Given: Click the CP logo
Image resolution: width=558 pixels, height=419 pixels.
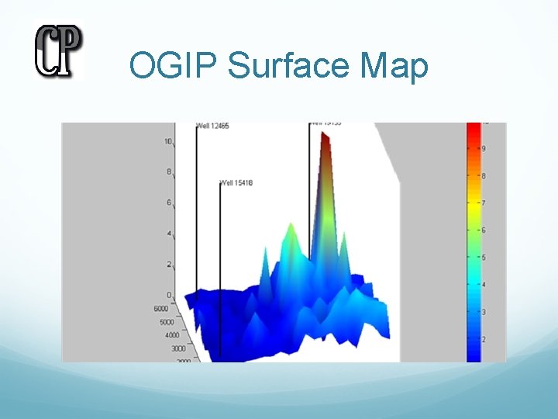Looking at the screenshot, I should click(58, 51).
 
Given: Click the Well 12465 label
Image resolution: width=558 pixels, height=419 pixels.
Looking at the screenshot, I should click(212, 126).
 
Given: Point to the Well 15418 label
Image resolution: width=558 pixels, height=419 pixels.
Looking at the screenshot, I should click(237, 183).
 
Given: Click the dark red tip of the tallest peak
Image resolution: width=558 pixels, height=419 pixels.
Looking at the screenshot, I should click(325, 139).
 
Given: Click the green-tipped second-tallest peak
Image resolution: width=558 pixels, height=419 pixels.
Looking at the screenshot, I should click(291, 228).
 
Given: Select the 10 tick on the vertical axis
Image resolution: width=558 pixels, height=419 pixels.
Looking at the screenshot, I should click(168, 141).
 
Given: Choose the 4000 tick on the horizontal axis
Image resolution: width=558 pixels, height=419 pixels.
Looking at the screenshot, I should click(166, 335).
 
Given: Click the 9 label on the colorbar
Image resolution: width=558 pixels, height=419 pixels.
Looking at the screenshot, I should click(484, 148).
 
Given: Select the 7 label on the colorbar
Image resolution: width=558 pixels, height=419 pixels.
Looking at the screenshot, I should click(484, 203).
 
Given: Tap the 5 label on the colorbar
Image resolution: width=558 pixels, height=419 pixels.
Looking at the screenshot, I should click(484, 258).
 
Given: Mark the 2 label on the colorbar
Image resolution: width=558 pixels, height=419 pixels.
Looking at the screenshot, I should click(484, 340).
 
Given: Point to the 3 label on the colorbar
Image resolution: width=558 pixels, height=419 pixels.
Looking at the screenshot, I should click(484, 312).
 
